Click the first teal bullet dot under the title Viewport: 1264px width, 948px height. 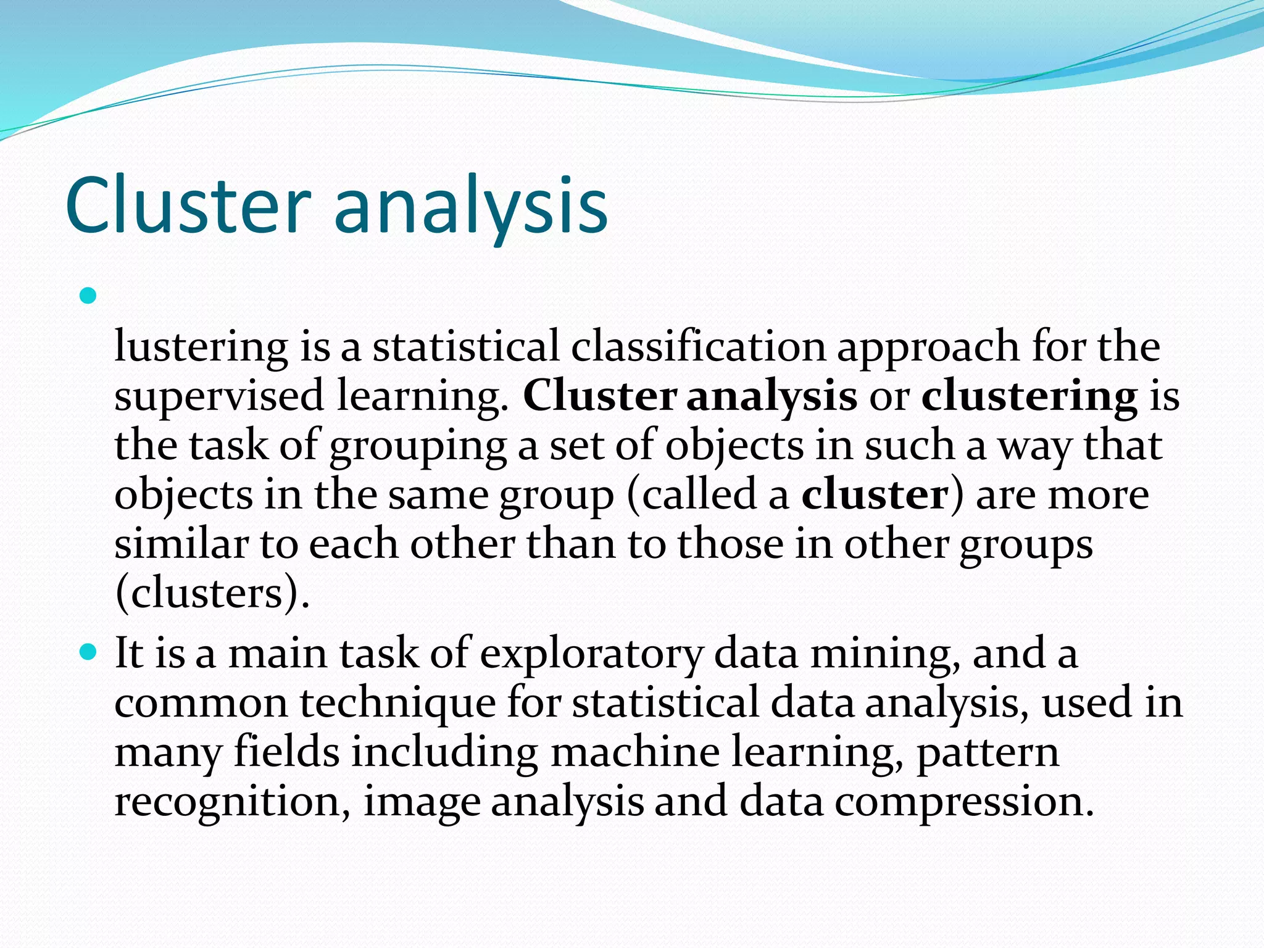pyautogui.click(x=89, y=296)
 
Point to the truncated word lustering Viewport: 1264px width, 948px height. pyautogui.click(x=201, y=347)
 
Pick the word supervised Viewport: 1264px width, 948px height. pyautogui.click(x=219, y=396)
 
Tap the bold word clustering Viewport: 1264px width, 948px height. pyautogui.click(x=1029, y=396)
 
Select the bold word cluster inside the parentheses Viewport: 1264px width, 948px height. pyautogui.click(x=875, y=494)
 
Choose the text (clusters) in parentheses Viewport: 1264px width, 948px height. pyautogui.click(x=212, y=594)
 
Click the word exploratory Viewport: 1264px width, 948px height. pyautogui.click(x=591, y=654)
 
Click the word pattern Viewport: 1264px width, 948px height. pyautogui.click(x=987, y=754)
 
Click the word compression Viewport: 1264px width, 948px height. pyautogui.click(x=965, y=803)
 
